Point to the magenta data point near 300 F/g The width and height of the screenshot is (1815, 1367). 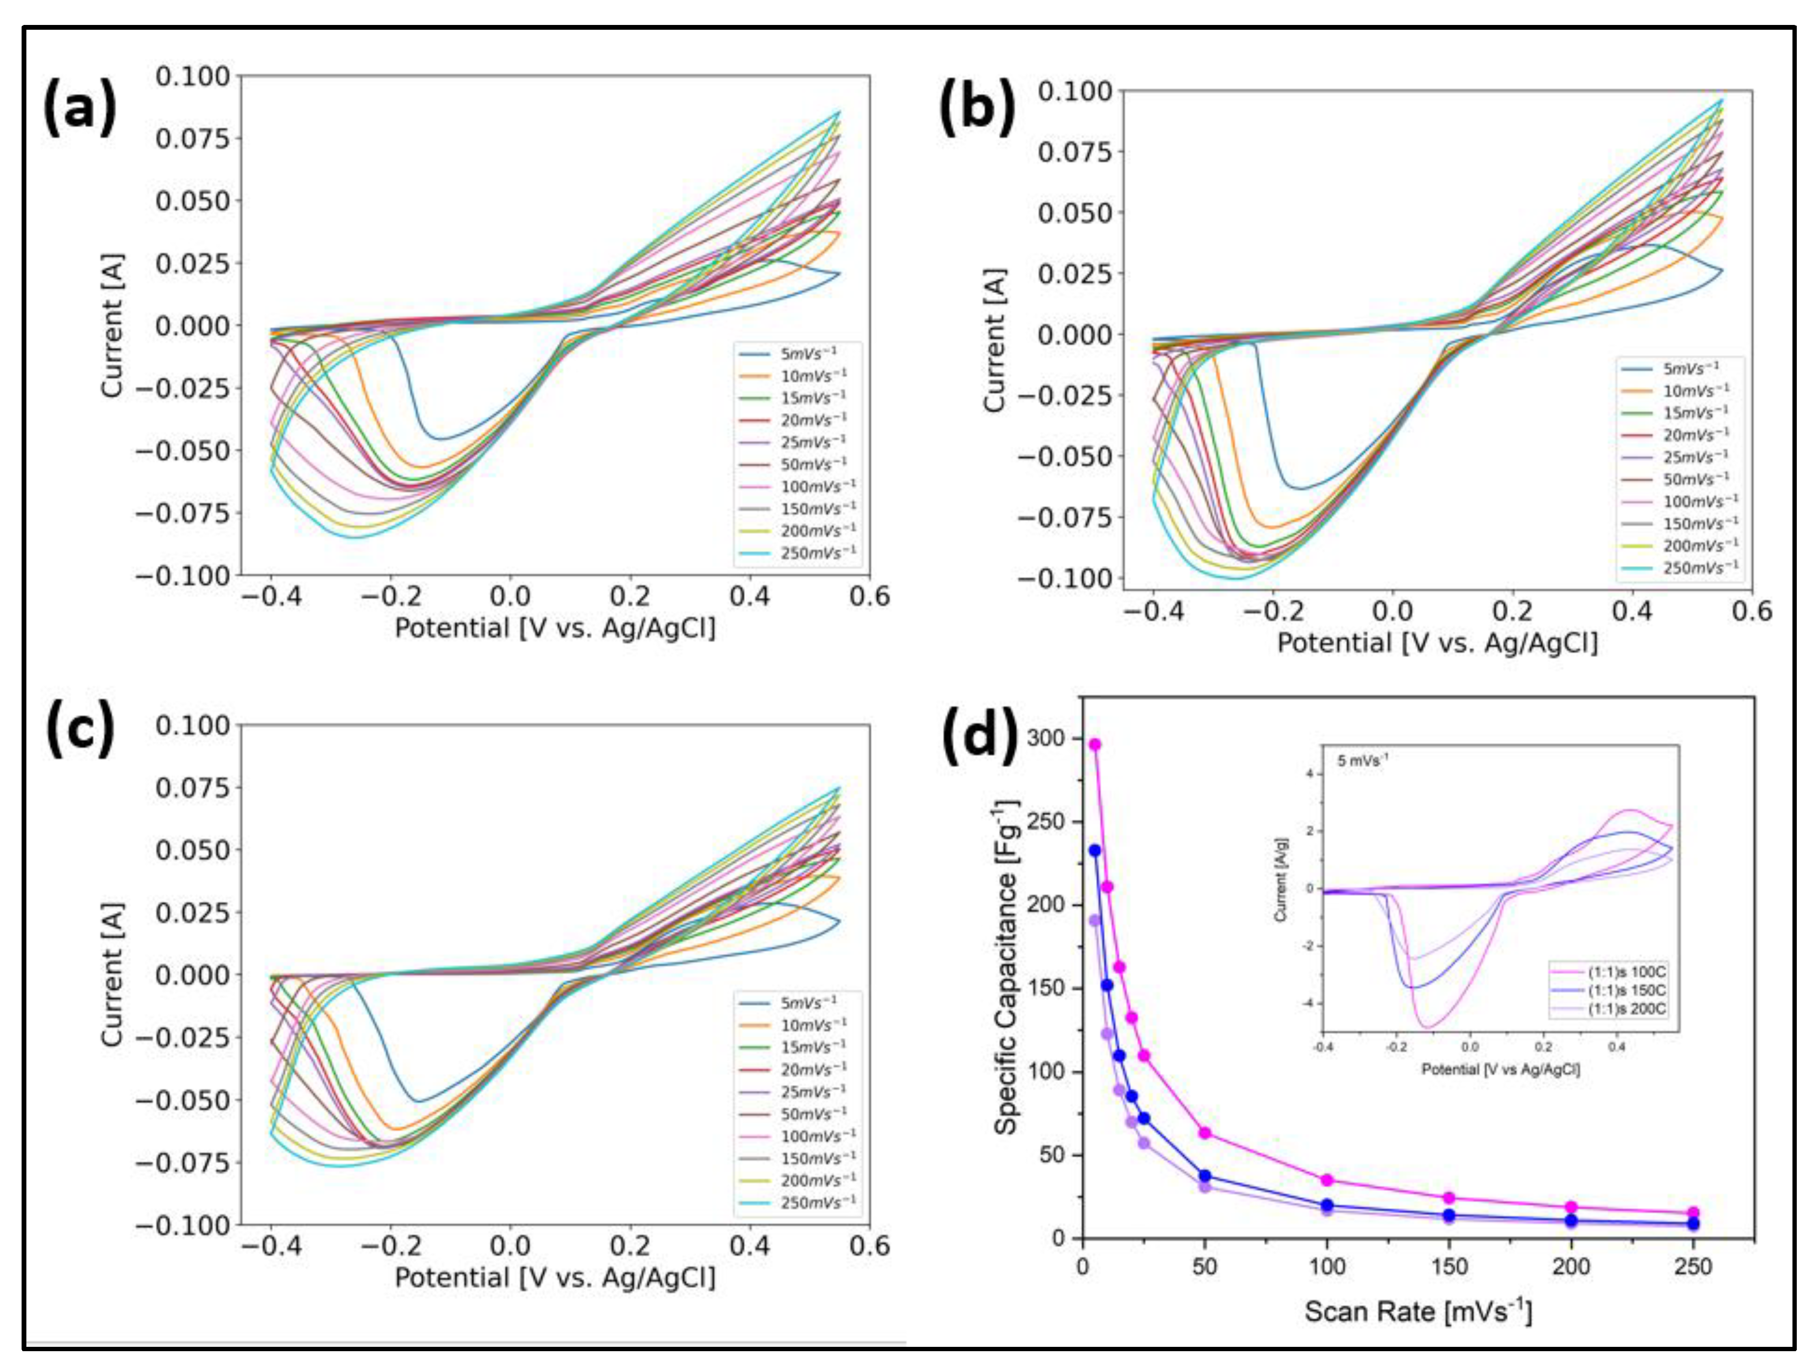1095,744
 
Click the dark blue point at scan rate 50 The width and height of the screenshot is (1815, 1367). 1204,1176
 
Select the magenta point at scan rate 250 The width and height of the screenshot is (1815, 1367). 1693,1213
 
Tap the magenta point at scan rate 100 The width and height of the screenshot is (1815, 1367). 1327,1180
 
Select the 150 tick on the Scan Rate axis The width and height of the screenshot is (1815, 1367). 1449,1267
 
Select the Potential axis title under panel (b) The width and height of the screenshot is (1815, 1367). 1438,642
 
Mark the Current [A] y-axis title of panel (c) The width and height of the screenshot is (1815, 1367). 112,975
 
